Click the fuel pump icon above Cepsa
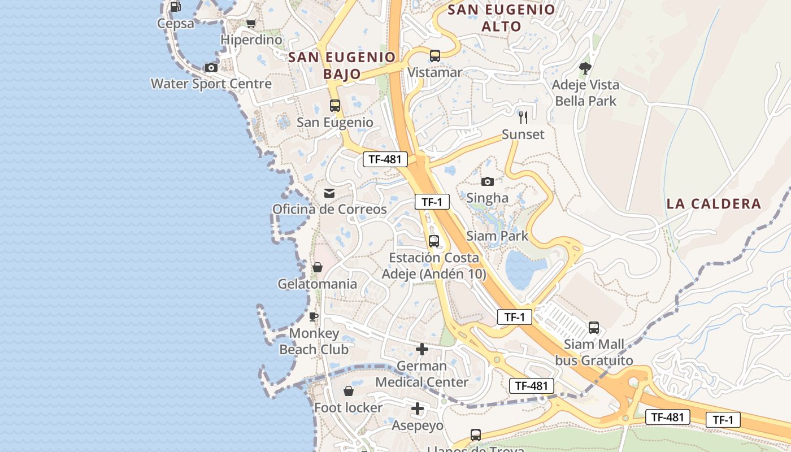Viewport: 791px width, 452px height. coord(175,7)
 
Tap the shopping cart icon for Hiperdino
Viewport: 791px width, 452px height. coord(251,24)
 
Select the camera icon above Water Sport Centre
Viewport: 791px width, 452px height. coord(211,68)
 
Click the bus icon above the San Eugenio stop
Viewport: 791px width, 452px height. coord(335,106)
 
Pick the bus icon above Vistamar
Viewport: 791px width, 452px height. coord(434,56)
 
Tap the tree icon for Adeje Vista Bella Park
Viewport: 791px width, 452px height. coord(585,68)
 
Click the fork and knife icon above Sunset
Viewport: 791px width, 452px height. coord(523,118)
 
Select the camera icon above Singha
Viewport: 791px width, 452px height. coord(487,181)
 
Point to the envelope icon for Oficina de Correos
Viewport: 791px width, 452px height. coord(329,193)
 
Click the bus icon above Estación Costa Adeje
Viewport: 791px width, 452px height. coord(434,241)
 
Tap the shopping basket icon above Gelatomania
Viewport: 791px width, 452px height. coord(318,267)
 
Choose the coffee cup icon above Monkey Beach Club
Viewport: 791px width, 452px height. coord(314,316)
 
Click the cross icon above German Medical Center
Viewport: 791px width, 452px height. coord(421,350)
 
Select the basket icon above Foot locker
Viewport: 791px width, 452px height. coord(349,391)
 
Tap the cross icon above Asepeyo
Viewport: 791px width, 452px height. coord(418,408)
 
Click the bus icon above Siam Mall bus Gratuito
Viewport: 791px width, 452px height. coord(594,328)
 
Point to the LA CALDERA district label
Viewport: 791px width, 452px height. coord(714,204)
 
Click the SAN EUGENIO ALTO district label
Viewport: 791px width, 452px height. coord(502,18)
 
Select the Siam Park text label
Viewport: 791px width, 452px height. coord(497,236)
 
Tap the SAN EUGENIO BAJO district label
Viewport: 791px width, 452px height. coord(342,65)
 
